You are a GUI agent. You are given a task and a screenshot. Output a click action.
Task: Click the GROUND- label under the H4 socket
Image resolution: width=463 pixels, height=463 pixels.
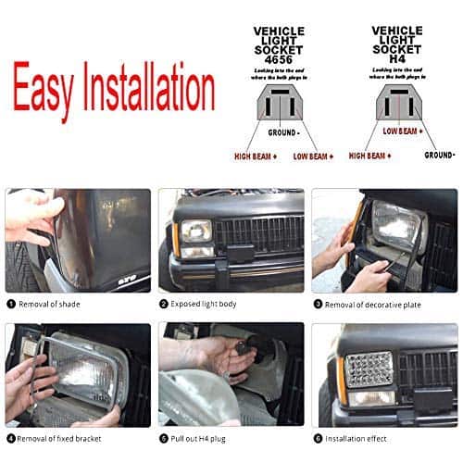tap(439, 156)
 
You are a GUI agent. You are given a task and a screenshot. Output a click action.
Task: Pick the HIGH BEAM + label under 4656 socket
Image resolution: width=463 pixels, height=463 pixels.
tap(256, 156)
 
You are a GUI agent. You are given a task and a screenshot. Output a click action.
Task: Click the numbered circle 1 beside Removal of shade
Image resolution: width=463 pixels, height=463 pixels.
tap(11, 303)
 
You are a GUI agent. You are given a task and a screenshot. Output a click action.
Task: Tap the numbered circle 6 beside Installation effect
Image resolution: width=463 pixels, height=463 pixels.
tap(318, 437)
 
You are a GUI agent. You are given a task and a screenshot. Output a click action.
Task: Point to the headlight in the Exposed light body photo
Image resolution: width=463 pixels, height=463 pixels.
tap(196, 231)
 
